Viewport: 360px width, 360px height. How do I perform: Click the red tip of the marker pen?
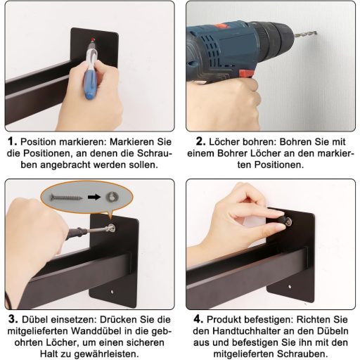coord(94,39)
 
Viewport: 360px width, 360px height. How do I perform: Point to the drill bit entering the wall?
coord(305,34)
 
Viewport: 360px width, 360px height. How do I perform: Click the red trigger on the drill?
coord(247,73)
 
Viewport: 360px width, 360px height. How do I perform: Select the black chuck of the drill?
coord(274,37)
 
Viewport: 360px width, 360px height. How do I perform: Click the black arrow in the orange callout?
coord(94,197)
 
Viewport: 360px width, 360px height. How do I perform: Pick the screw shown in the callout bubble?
coord(66,198)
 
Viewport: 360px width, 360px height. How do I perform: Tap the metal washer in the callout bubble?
coord(112,197)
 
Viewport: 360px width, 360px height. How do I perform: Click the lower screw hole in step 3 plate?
coord(112,292)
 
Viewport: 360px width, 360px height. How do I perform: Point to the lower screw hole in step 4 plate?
coord(290,287)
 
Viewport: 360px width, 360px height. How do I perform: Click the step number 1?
coord(12,141)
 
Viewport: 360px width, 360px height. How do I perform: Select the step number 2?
coord(201,141)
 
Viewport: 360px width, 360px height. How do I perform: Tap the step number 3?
coord(13,319)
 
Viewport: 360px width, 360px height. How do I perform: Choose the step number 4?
coord(198,319)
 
